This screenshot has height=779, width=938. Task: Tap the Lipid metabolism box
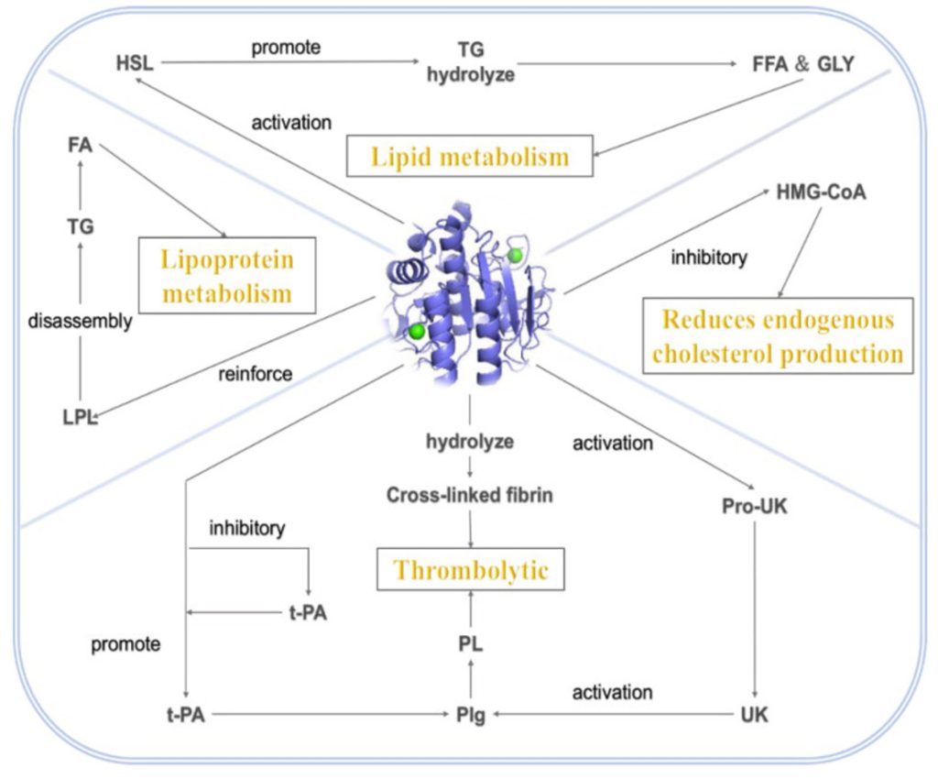point(469,156)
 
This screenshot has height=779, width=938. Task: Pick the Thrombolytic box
point(471,570)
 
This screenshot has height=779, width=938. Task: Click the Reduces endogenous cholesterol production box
point(778,336)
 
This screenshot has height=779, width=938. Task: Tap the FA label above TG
point(81,146)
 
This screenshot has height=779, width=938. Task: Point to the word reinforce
point(255,373)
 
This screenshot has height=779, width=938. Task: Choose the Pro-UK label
point(754,505)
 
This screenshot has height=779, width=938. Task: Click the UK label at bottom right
point(754,714)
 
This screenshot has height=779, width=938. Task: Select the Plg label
point(471,715)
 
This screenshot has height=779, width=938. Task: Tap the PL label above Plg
point(471,644)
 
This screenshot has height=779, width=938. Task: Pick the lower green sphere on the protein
point(418,330)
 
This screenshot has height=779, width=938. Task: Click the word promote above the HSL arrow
point(287,47)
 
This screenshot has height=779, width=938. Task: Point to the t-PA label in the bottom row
point(185,715)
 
